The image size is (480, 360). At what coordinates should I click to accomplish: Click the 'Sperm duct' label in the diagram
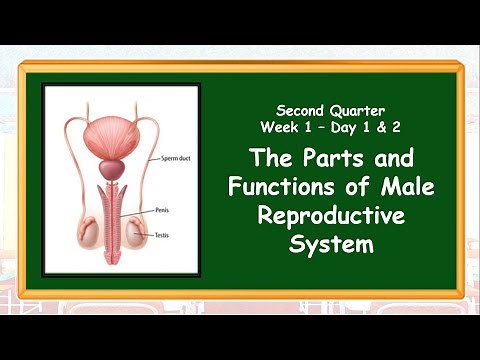click(x=177, y=158)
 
